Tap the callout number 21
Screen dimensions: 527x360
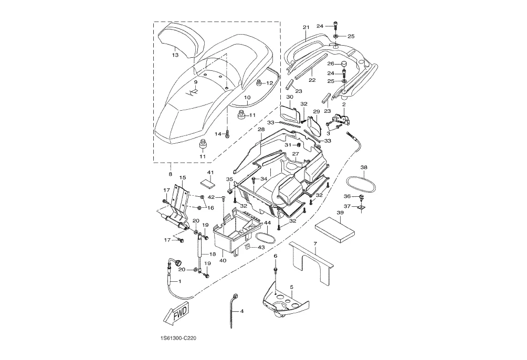(x=305, y=27)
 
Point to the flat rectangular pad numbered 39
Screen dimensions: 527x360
(x=335, y=229)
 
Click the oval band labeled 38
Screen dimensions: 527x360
(x=361, y=185)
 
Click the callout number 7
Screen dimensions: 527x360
(x=315, y=242)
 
